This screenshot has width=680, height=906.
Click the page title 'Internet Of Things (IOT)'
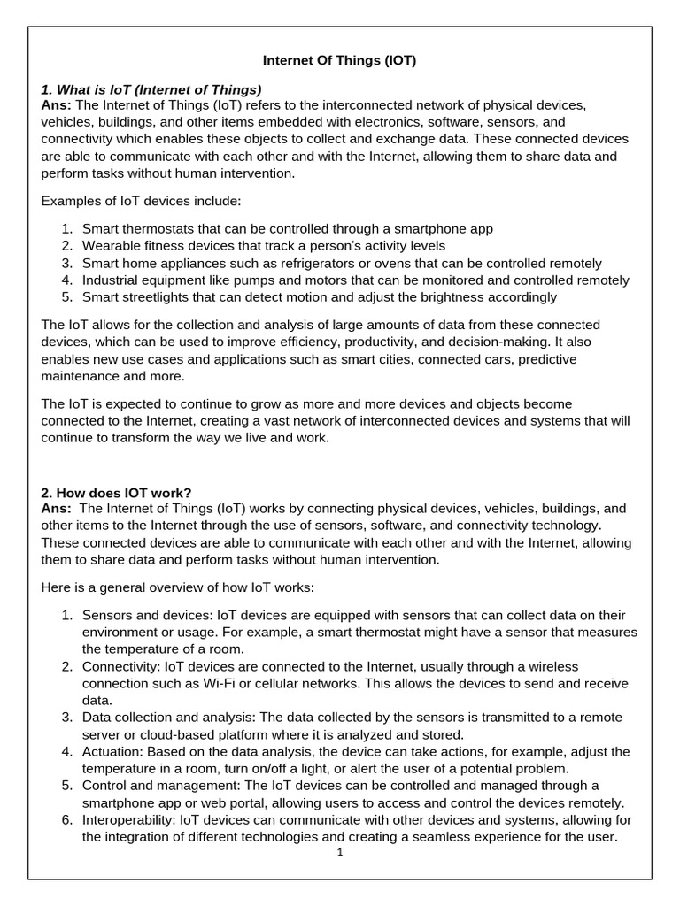tap(340, 61)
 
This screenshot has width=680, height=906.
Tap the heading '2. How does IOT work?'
tap(116, 493)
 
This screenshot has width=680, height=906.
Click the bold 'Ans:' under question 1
tap(58, 105)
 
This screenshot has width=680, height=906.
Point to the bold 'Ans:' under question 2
tap(58, 509)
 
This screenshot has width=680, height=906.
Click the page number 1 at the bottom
tap(340, 853)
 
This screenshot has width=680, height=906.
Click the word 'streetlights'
tap(159, 297)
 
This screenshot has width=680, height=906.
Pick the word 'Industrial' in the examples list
tap(114, 280)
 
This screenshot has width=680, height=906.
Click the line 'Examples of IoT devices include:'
tap(141, 202)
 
